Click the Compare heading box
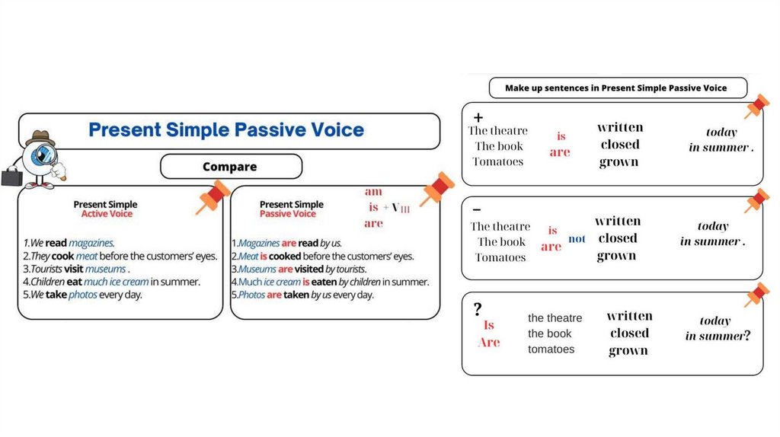(x=230, y=167)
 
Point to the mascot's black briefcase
(x=11, y=177)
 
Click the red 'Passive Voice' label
(x=289, y=214)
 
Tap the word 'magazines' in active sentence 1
(x=91, y=243)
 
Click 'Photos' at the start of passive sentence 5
(x=251, y=295)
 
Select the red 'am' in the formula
(x=373, y=192)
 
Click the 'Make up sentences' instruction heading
(x=615, y=88)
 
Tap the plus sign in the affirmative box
(x=478, y=117)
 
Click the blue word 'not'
(x=577, y=239)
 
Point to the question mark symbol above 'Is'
(x=478, y=309)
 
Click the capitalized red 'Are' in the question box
(x=489, y=343)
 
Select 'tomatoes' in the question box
(x=551, y=349)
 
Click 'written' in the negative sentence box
(x=618, y=221)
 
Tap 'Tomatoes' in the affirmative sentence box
(x=498, y=161)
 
